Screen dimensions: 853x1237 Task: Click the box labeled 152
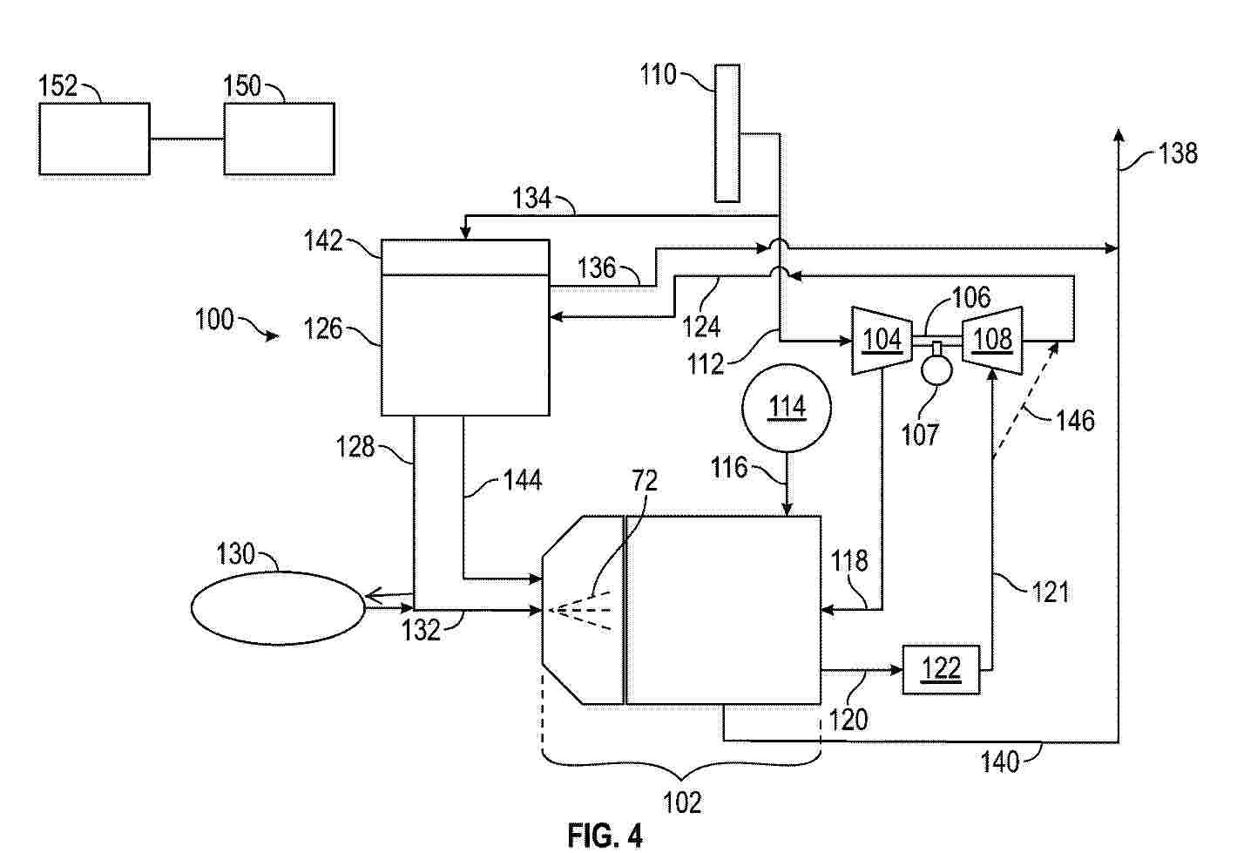(94, 139)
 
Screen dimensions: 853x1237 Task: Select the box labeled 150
(279, 139)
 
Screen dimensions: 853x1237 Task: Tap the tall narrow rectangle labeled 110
(727, 132)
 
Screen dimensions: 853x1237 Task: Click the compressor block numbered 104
(882, 339)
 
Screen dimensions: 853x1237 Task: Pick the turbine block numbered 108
(992, 339)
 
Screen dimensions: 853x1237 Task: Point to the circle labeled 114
(787, 407)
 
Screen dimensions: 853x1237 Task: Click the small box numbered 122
(942, 669)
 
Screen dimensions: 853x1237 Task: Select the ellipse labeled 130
(278, 608)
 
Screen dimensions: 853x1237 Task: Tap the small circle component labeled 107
(936, 368)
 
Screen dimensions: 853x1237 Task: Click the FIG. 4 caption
(605, 836)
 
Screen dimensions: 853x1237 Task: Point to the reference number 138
(1178, 154)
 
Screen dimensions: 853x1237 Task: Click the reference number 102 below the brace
(682, 802)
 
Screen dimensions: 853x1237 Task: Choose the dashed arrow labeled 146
(1026, 397)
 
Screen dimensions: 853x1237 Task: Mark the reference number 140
(999, 762)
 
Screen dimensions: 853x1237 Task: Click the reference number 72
(645, 481)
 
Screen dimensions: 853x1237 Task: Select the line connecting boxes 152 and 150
(186, 139)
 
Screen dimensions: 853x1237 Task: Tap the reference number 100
(214, 320)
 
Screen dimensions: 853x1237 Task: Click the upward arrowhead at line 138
(1119, 133)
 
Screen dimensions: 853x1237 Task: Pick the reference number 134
(531, 199)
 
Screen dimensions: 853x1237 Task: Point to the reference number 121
(1050, 592)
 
